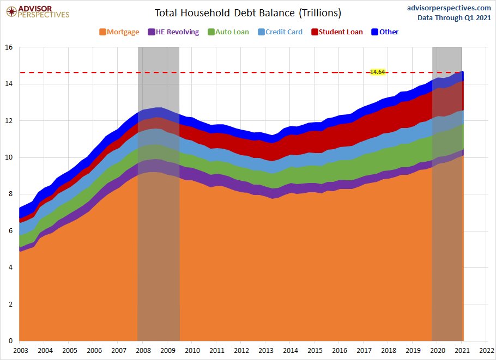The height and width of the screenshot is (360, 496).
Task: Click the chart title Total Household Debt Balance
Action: tap(248, 13)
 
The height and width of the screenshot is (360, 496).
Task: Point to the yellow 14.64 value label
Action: tap(377, 72)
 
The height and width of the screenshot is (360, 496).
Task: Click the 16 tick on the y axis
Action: tap(9, 47)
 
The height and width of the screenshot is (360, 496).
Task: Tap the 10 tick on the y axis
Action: tap(9, 157)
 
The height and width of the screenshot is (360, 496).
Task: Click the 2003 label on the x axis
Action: tap(20, 350)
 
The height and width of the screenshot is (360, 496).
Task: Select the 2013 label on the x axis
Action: tap(266, 350)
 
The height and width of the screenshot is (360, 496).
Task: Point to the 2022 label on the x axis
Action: tap(487, 350)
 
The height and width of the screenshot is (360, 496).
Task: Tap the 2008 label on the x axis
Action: tap(143, 350)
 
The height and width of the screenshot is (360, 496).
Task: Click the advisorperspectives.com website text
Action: tap(449, 8)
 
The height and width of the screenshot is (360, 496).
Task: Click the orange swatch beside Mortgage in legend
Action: tap(102, 32)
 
